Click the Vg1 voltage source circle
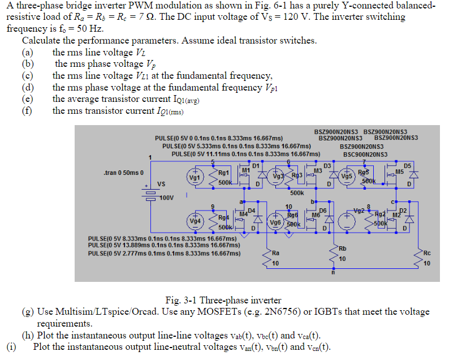[195, 177]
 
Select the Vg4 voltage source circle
[195, 220]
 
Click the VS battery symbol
[150, 191]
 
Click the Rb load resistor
[333, 254]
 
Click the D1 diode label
[256, 165]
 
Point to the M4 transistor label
[244, 213]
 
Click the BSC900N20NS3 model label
[365, 154]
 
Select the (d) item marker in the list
[28, 87]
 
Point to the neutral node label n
[334, 273]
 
